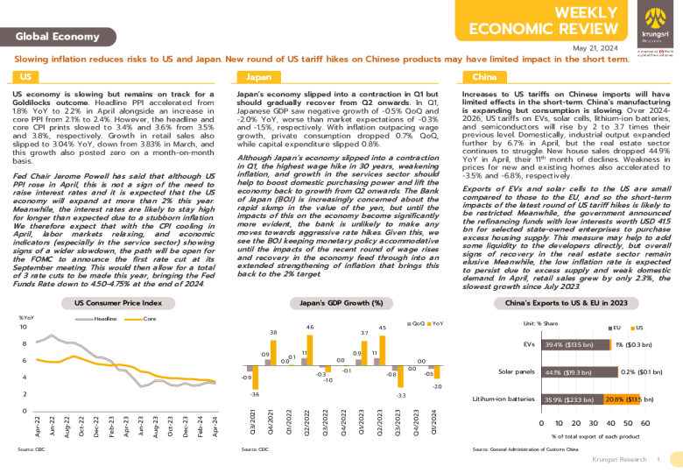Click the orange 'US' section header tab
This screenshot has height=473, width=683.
point(27,77)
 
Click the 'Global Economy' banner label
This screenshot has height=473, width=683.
point(58,36)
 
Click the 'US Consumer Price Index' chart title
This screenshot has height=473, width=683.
point(118,302)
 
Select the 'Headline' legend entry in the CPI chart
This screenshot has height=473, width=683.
point(104,318)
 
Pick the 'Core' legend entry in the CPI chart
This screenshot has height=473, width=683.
point(148,318)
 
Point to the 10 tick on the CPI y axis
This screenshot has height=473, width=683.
point(24,327)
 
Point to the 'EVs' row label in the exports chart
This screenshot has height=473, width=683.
point(528,345)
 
